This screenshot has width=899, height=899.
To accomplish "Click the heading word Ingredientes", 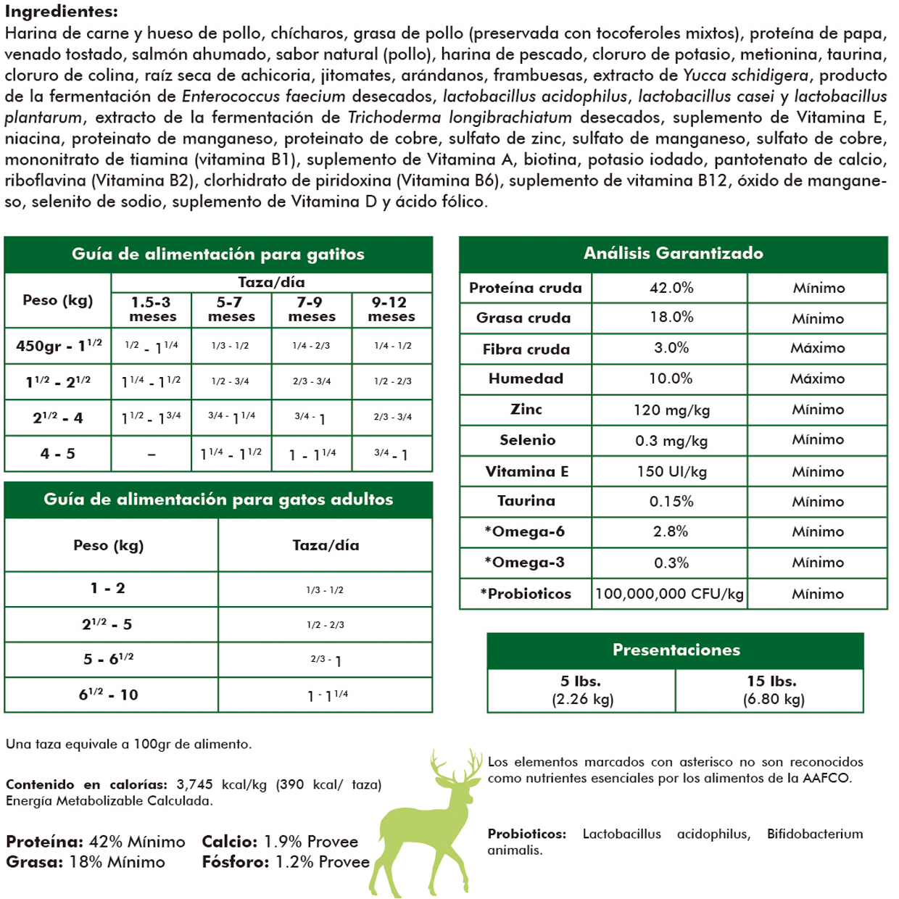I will tap(61, 12).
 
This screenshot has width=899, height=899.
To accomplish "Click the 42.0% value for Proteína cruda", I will tap(671, 288).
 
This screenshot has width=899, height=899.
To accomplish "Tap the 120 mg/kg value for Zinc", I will tap(671, 410).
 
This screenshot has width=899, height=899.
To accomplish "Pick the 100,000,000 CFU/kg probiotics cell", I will tap(669, 594).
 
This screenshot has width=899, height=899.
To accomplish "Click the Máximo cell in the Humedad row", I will tap(818, 379).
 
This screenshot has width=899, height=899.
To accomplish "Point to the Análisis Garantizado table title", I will tap(673, 254).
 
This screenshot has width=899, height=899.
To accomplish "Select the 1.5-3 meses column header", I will tap(152, 310).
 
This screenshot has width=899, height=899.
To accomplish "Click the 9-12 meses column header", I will tap(391, 310).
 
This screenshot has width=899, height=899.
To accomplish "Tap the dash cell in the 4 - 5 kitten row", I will tap(151, 455).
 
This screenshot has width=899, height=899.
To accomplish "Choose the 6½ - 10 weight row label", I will tap(109, 695).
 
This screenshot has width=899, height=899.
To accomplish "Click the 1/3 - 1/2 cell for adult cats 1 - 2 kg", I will tap(325, 590).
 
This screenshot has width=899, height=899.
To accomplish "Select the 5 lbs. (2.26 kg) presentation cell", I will tap(581, 690).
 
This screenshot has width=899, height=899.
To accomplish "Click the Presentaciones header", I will tap(676, 650).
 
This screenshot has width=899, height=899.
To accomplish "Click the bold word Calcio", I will tap(229, 842).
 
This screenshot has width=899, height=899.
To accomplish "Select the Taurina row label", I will tap(526, 502).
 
